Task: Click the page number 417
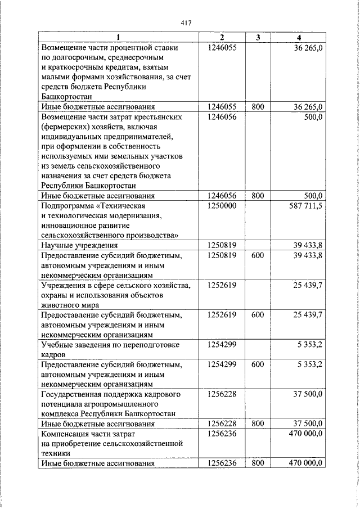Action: pyautogui.click(x=186, y=23)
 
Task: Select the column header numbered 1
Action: pyautogui.click(x=118, y=38)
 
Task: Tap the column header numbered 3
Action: pyautogui.click(x=258, y=38)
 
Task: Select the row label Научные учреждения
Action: pyautogui.click(x=79, y=245)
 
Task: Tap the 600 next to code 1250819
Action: pyautogui.click(x=258, y=255)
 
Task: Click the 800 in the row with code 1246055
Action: pyautogui.click(x=258, y=106)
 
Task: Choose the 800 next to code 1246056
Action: pyautogui.click(x=258, y=196)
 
